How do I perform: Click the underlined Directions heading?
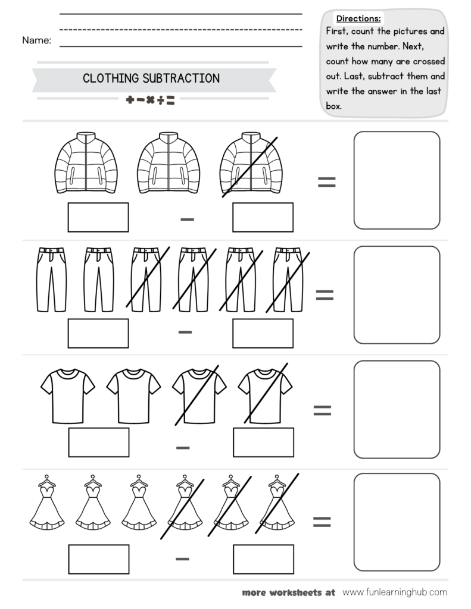pyautogui.click(x=358, y=18)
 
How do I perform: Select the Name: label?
pyautogui.click(x=36, y=40)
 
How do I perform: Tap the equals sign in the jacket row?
pyautogui.click(x=326, y=182)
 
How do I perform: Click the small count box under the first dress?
pyautogui.click(x=98, y=560)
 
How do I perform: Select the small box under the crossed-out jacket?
pyautogui.click(x=263, y=217)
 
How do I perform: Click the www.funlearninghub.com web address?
pyautogui.click(x=395, y=592)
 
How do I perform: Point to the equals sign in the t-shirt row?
pyautogui.click(x=322, y=410)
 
